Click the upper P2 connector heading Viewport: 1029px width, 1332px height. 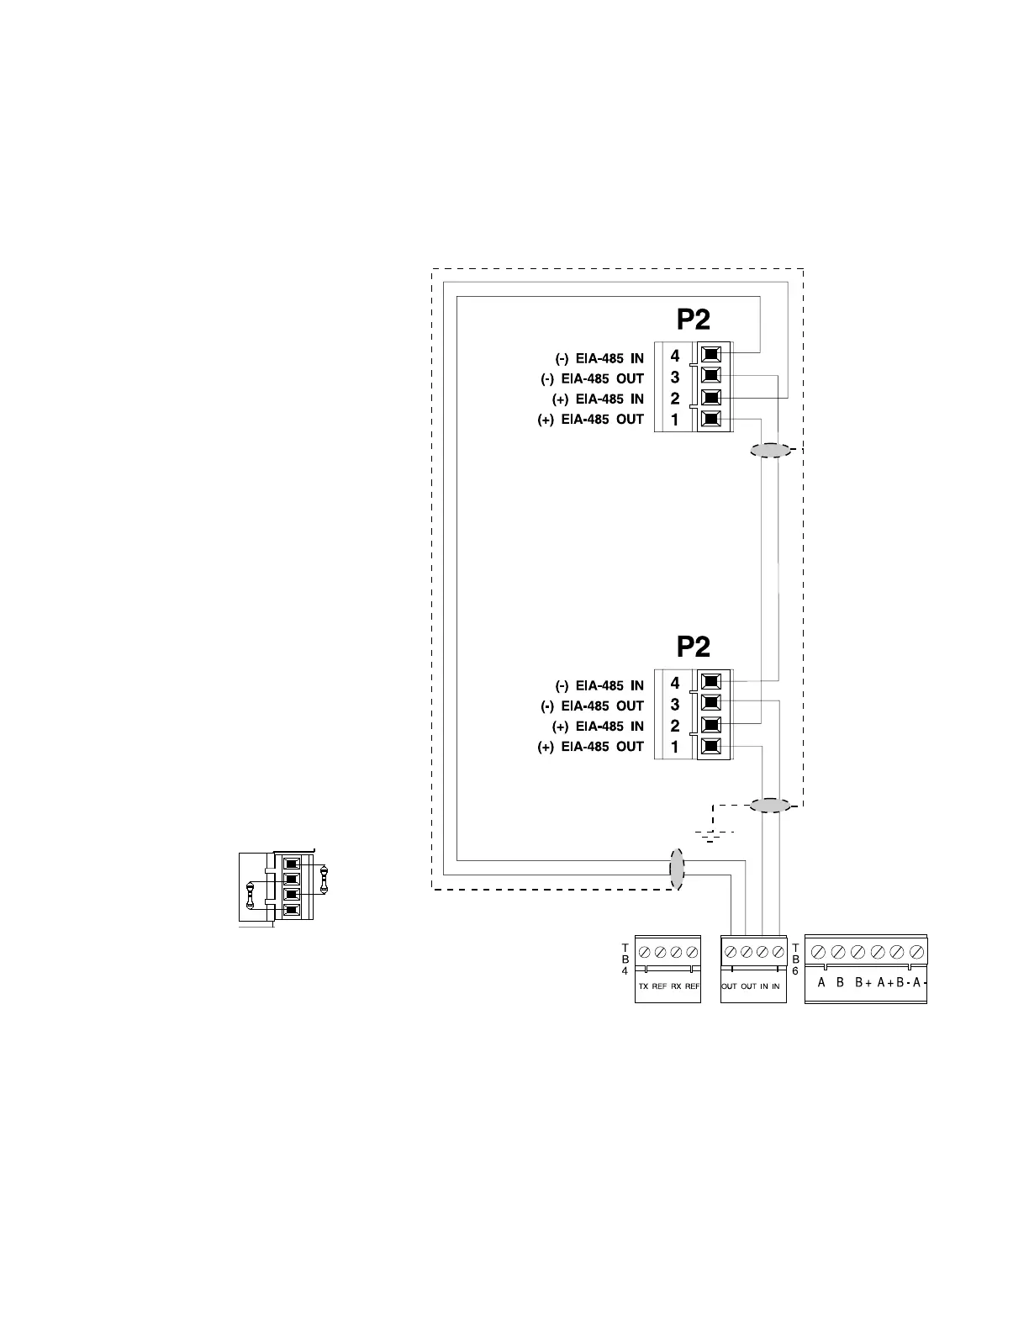tap(694, 320)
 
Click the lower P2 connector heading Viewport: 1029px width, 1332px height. tap(694, 647)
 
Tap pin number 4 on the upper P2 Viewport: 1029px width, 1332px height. tap(675, 357)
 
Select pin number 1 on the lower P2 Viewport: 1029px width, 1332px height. tap(675, 747)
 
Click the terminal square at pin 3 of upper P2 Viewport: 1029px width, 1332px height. tap(711, 376)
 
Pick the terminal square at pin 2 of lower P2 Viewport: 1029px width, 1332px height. tap(711, 724)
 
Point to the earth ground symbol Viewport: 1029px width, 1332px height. tap(711, 835)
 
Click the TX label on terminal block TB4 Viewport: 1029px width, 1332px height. tap(643, 986)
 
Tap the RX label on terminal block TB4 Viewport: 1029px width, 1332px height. tap(676, 986)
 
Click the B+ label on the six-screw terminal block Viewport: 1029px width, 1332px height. tap(863, 982)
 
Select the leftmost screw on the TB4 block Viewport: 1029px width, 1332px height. tap(644, 952)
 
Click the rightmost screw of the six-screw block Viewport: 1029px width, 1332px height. tap(917, 951)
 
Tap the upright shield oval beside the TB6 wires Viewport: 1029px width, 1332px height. tap(677, 869)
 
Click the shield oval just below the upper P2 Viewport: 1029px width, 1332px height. tap(771, 451)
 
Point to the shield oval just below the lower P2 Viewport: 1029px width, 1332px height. tap(771, 806)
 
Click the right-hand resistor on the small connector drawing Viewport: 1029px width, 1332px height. tap(325, 880)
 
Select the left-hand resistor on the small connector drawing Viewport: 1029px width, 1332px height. tap(250, 896)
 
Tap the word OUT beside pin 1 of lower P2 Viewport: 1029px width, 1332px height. tap(631, 747)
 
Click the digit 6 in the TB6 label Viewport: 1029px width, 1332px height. tap(795, 970)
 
